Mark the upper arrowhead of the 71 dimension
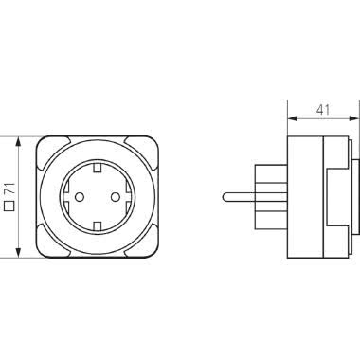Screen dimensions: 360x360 (x=19, y=138)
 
